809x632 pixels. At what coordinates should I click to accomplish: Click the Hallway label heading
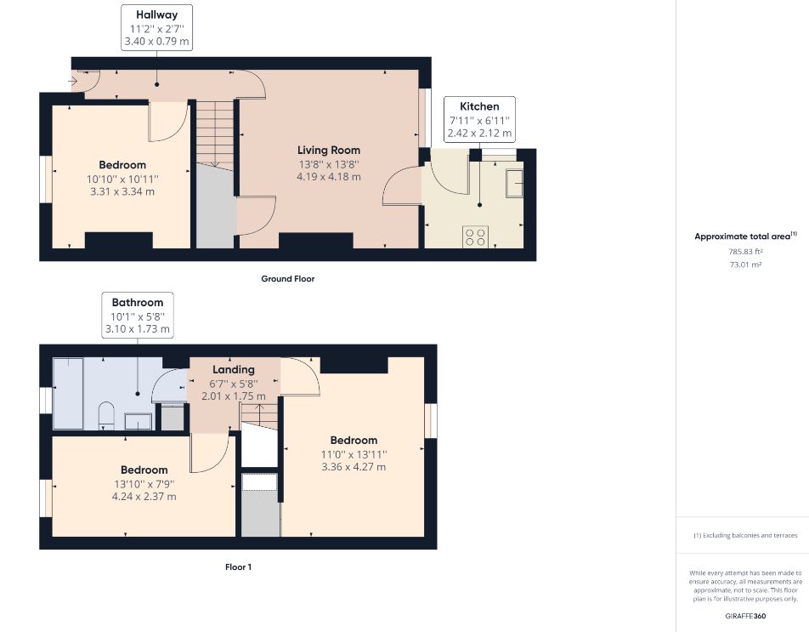(157, 15)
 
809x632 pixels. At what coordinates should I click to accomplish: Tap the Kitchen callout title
(479, 106)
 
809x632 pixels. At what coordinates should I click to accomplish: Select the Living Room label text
(329, 151)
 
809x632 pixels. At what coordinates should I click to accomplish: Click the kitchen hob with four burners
(475, 237)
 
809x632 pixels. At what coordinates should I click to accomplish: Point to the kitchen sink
(514, 183)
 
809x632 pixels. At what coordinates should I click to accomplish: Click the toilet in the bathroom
(106, 416)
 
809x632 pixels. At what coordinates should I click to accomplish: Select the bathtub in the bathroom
(68, 393)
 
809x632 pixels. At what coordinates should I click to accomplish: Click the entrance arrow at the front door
(72, 81)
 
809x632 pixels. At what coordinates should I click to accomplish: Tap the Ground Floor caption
(288, 279)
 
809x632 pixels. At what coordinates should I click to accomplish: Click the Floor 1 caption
(238, 567)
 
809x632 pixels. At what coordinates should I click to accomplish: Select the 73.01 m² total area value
(745, 265)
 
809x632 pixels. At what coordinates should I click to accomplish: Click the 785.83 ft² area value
(745, 252)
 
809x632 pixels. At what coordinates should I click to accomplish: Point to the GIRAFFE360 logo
(745, 616)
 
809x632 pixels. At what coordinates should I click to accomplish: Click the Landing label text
(234, 370)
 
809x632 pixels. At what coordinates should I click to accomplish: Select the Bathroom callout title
(138, 303)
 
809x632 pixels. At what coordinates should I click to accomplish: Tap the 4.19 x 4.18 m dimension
(329, 177)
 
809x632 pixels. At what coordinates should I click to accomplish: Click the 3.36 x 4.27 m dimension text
(354, 467)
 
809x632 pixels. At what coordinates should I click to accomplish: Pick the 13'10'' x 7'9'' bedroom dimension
(144, 484)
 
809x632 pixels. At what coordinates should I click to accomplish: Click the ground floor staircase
(215, 134)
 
